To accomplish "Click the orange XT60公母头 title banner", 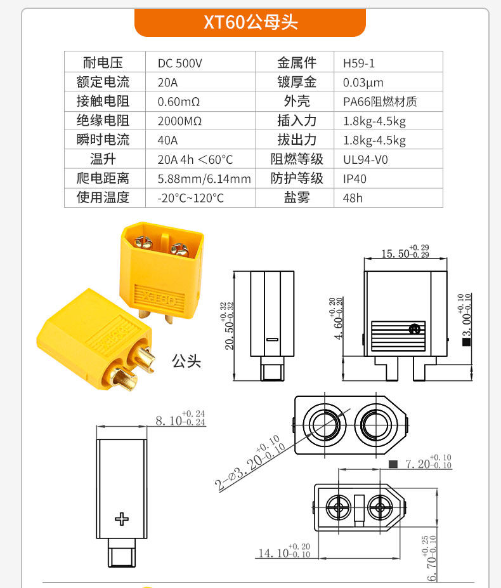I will pos(251,23).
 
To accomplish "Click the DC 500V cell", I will pos(180,63).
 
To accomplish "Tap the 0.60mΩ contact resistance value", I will pos(179,102).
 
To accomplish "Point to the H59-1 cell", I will pos(359,63).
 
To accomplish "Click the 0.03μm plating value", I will pos(363,82).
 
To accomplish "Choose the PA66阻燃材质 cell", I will pos(380,102).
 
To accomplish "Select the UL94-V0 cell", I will pos(365,159).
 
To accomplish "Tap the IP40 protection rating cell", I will pos(355,179).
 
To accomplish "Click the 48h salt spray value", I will pos(353,198).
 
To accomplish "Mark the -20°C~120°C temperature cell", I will pos(190,198).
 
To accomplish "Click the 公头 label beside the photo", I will pos(186,361).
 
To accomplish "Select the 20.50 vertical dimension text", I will pos(229,325).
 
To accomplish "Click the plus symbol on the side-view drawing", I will pos(122,518).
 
